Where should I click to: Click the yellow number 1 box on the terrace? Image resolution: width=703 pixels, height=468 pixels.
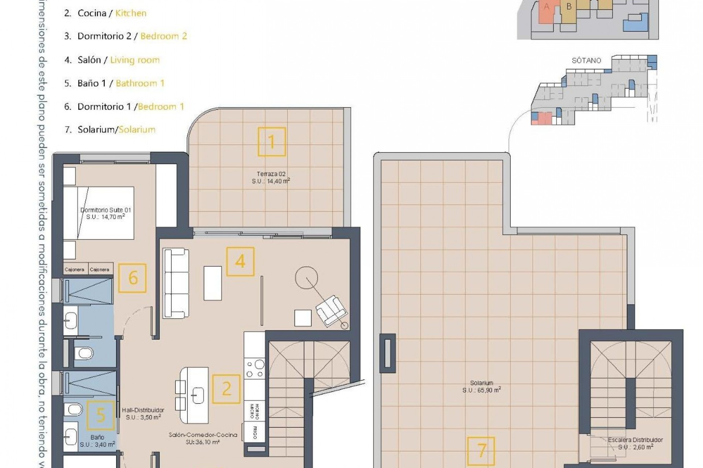271,142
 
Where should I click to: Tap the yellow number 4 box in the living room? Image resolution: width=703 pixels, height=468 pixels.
240,261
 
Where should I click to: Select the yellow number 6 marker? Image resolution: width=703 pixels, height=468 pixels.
133,278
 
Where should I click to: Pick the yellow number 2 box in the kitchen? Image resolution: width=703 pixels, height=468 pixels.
226,389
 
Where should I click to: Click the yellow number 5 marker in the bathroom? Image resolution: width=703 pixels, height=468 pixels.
101,415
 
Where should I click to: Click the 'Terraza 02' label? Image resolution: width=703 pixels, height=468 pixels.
271,174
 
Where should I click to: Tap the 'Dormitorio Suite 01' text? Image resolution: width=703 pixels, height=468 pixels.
105,210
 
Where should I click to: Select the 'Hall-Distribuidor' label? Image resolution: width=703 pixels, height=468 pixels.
143,410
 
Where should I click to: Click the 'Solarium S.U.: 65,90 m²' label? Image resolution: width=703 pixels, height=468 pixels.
481,386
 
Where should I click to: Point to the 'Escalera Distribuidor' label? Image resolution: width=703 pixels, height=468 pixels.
635,440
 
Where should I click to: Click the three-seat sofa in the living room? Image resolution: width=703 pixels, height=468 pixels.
176,283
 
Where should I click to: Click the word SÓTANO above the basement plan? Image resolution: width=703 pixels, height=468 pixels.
586,61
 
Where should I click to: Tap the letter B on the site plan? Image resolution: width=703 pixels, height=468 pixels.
569,7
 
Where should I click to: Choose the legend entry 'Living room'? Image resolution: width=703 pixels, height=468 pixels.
135,60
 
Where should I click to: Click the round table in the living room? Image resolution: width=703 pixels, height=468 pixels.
306,278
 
